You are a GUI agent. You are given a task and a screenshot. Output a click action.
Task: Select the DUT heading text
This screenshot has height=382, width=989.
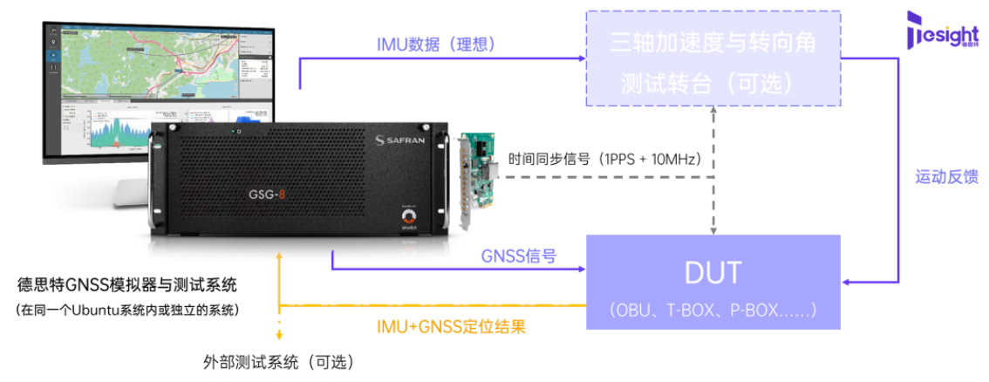tap(713, 273)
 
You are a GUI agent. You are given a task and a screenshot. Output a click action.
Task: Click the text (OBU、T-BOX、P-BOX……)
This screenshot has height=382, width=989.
tap(713, 309)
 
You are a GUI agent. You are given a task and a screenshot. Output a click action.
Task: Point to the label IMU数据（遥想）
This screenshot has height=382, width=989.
tap(436, 44)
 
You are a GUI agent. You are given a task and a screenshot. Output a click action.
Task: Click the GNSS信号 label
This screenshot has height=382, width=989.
tap(519, 256)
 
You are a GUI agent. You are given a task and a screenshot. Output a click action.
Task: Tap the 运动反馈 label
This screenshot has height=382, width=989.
tap(946, 177)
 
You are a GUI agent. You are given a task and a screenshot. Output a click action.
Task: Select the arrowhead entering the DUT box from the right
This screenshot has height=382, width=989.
tap(846, 282)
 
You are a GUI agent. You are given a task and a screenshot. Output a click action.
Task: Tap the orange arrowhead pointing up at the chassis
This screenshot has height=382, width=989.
tap(279, 257)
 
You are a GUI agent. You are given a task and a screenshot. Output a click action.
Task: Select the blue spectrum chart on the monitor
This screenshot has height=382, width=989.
tap(113, 135)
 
